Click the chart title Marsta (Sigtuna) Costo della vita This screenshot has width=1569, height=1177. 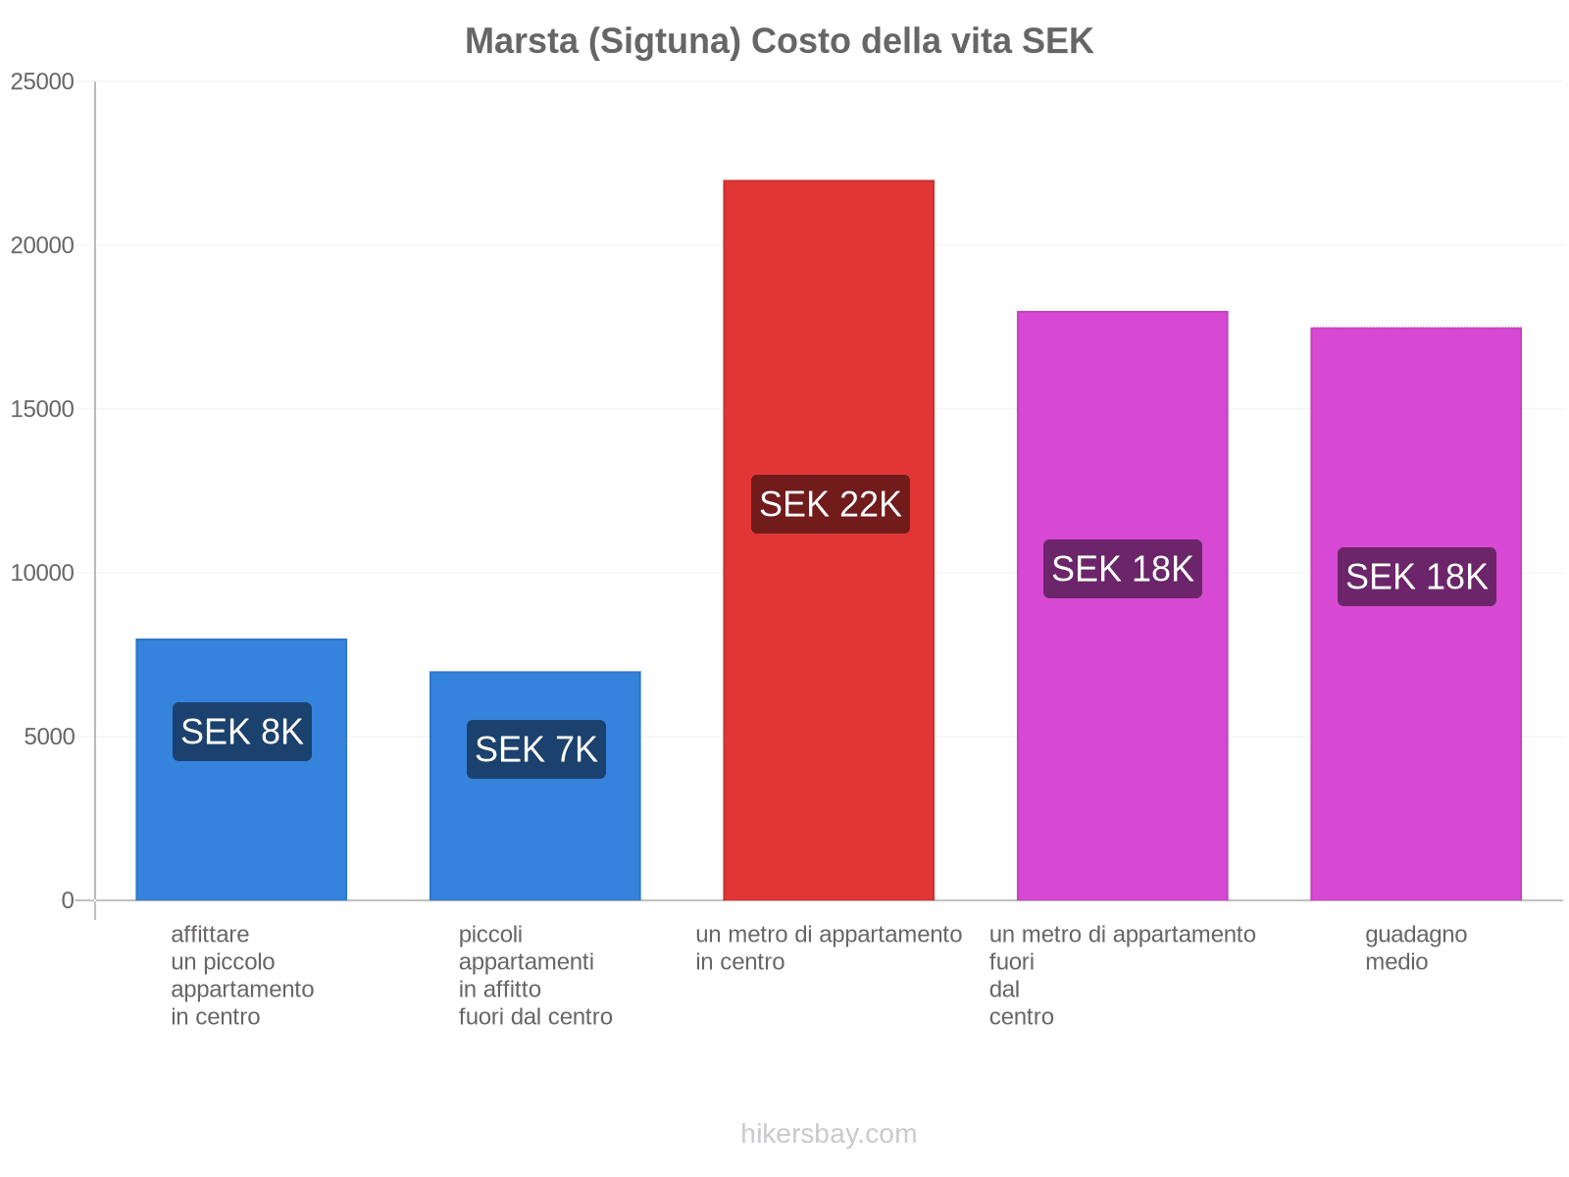(x=779, y=41)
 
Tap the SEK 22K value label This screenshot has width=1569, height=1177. (x=830, y=504)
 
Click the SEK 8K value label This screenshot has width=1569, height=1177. (x=242, y=732)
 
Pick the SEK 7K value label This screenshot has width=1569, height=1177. (x=535, y=749)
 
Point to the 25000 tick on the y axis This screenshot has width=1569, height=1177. (x=42, y=81)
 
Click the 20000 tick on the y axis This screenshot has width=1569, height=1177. (x=42, y=245)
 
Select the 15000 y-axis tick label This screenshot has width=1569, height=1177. (x=42, y=409)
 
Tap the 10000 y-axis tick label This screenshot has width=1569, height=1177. (x=42, y=573)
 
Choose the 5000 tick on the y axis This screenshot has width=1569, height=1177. (x=49, y=737)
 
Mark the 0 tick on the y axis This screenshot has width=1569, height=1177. (x=68, y=900)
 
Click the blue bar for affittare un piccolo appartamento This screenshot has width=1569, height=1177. (x=241, y=834)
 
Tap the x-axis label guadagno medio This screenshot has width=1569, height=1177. (x=1416, y=947)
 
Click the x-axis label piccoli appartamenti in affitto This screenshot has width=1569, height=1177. (x=535, y=975)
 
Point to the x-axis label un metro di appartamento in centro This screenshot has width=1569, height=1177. (x=829, y=947)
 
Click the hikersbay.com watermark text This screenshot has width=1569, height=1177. (x=829, y=1134)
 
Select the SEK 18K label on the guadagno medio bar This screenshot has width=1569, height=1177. (x=1416, y=577)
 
